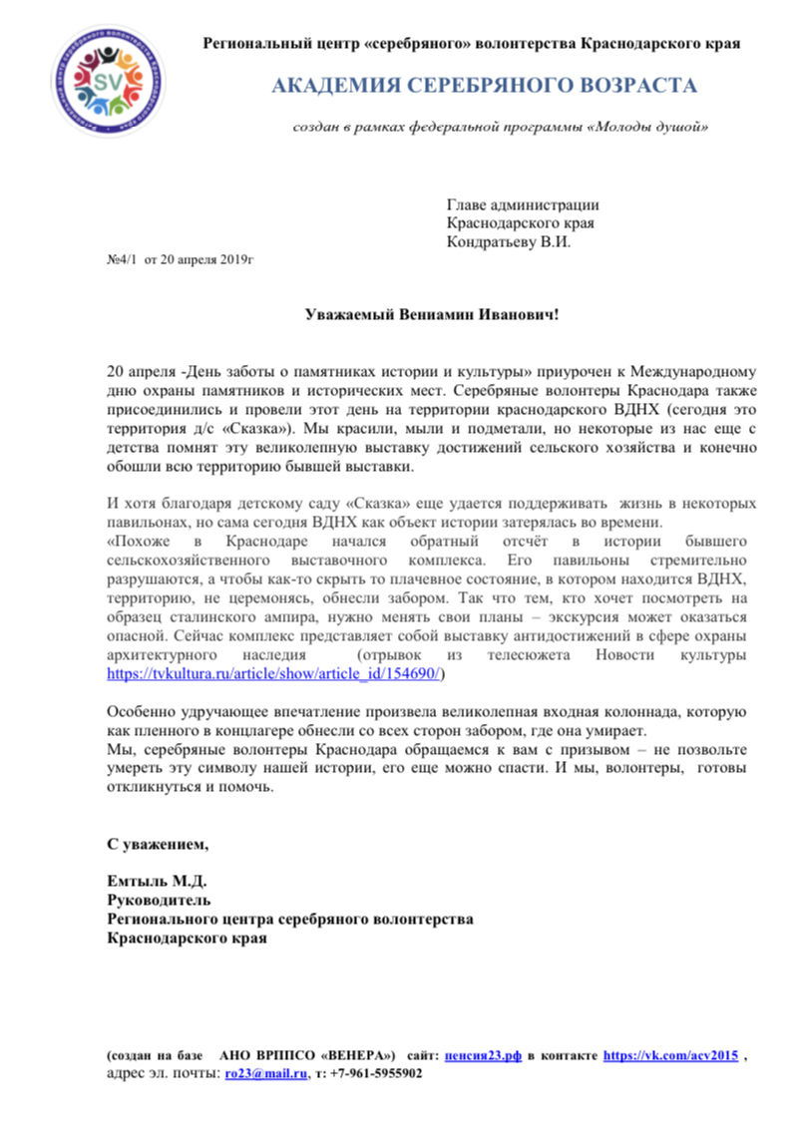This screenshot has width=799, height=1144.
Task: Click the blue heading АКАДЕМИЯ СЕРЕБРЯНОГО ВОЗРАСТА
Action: [x=485, y=86]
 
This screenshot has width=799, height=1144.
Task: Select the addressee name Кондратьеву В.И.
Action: [x=509, y=241]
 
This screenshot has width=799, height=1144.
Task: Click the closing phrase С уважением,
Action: [x=159, y=845]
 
